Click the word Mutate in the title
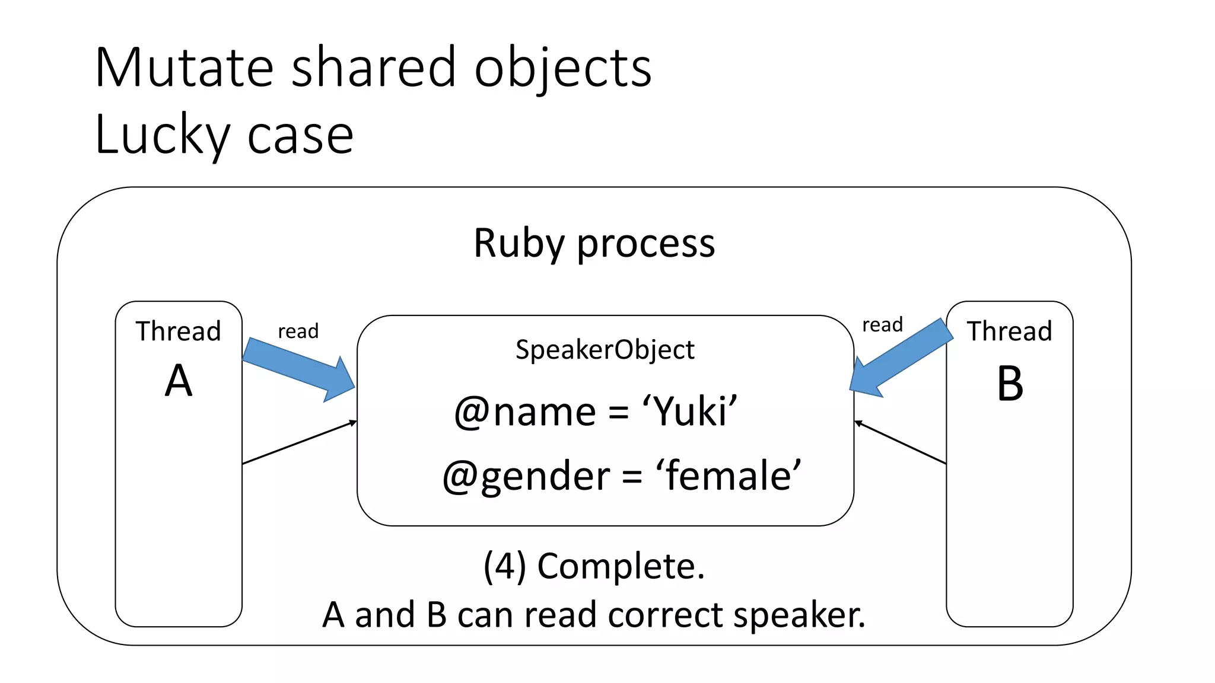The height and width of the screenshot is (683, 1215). [x=184, y=68]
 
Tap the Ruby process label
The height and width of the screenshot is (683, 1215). [x=594, y=243]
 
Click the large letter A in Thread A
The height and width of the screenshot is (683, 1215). [x=179, y=381]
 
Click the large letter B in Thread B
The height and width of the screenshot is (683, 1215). [x=1010, y=384]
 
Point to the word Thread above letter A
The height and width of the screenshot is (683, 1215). [x=178, y=331]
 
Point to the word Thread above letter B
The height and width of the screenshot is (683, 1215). [x=1009, y=331]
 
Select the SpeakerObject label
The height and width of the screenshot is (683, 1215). [x=605, y=349]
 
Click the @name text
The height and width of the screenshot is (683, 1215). [x=525, y=412]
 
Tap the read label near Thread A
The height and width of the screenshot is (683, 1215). [x=298, y=331]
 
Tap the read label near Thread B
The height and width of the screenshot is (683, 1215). [x=882, y=325]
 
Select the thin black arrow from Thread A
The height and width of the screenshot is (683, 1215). [x=300, y=442]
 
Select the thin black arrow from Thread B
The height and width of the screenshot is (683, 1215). [x=900, y=442]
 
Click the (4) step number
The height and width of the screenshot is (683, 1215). [x=505, y=566]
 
